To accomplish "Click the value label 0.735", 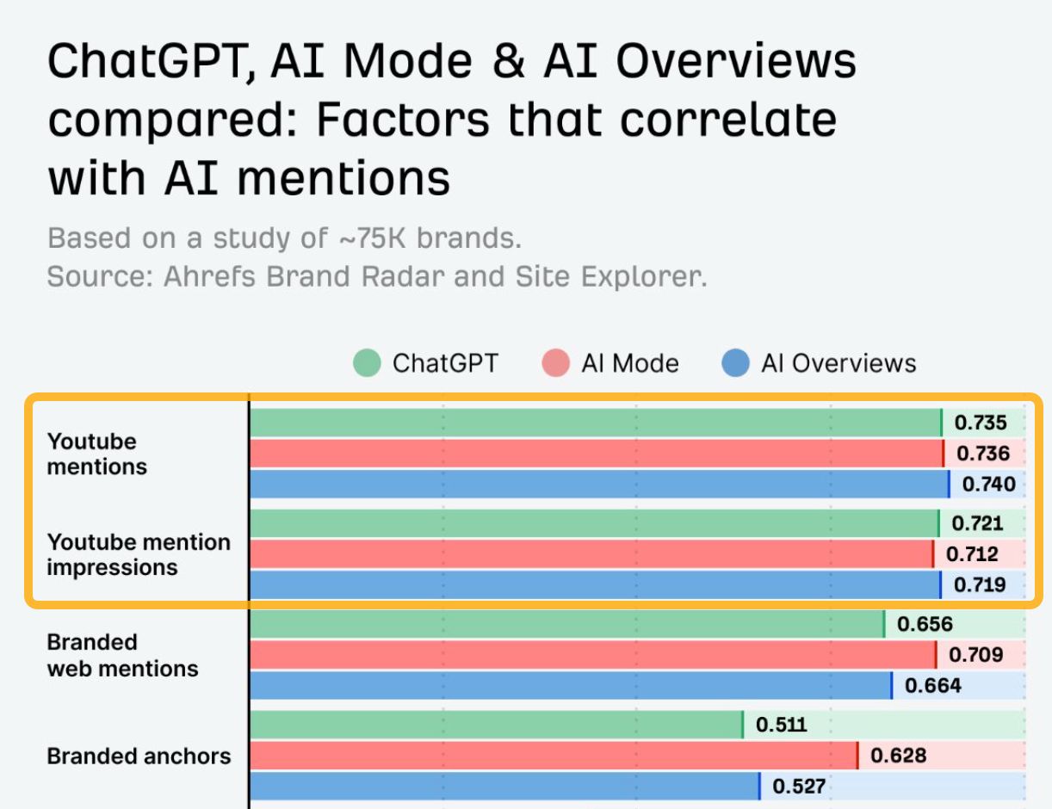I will tap(980, 423).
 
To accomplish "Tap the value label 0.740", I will tap(988, 484).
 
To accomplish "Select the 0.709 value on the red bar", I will tap(975, 655).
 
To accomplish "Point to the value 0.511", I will tap(781, 725).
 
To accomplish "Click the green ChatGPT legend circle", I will tap(367, 363).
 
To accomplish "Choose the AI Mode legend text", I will tap(629, 363).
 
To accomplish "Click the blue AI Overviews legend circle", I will tap(735, 363).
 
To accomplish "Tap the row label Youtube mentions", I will tap(96, 454).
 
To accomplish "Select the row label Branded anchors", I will tap(139, 757).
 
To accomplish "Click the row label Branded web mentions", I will tap(122, 655).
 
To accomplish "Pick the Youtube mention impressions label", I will tap(138, 554).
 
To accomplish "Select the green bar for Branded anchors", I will tap(495, 725).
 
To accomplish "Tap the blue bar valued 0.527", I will tap(504, 786).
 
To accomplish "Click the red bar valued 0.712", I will tap(590, 554).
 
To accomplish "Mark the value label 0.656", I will tap(925, 625).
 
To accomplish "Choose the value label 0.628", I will tap(898, 756).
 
